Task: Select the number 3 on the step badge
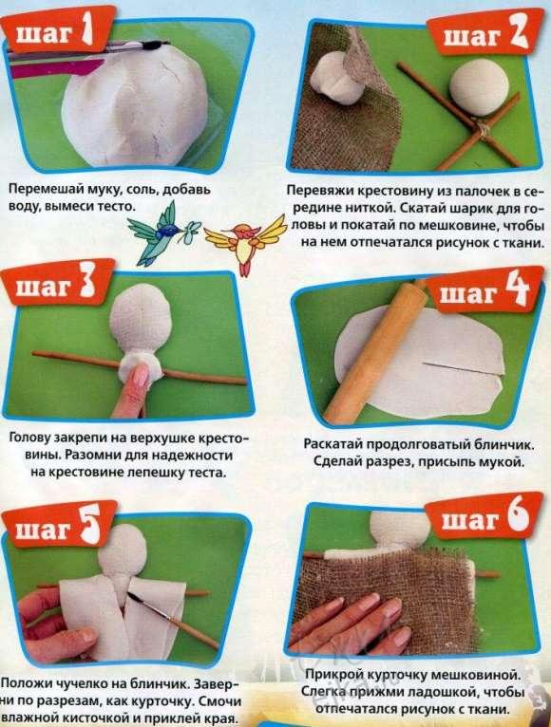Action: tap(86, 283)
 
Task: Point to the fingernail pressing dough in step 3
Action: tap(141, 375)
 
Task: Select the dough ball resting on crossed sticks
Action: tap(479, 89)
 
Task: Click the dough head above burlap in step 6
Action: tap(402, 530)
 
